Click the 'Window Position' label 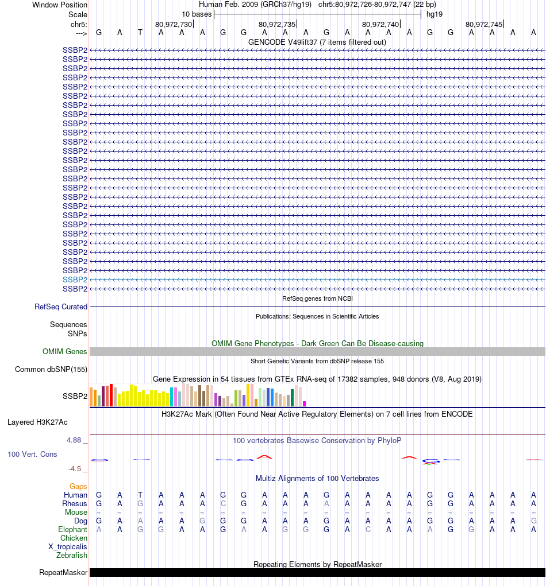coord(60,5)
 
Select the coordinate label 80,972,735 coord(277,24)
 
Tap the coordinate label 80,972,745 coord(484,24)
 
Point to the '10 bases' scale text coord(197,14)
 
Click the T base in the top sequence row coord(140,32)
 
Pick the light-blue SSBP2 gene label coord(75,280)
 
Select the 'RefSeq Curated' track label coord(61,307)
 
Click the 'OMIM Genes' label coord(65,352)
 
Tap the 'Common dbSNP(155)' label coord(51,370)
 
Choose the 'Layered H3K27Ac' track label coord(37,422)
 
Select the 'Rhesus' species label coord(75,504)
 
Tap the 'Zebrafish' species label coord(72,556)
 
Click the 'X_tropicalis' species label coord(68,547)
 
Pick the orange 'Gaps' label coord(78,487)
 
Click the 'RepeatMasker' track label coord(63,573)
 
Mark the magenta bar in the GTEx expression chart coord(305,403)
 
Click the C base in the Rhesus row coord(223,504)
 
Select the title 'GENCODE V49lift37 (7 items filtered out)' coord(317,42)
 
